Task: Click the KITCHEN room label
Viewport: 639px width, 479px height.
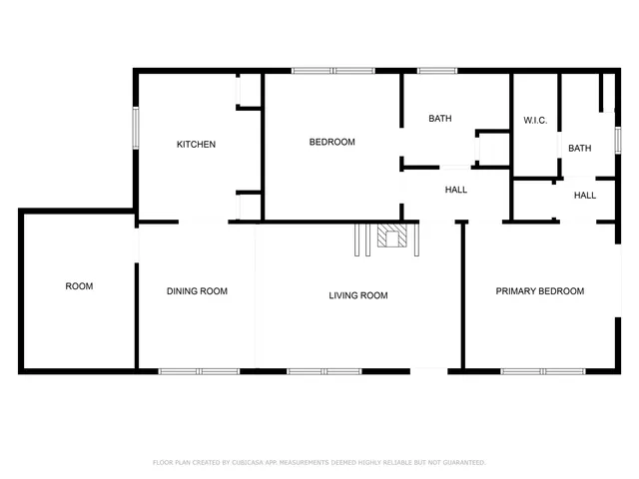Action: (x=196, y=145)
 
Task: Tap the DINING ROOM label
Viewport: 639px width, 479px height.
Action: (x=197, y=291)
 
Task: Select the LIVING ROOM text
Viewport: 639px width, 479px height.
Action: (x=358, y=295)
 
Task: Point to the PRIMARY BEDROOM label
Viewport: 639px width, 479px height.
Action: (x=540, y=291)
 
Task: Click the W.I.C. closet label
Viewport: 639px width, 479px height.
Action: (x=535, y=121)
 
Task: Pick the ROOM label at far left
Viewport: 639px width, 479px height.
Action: (x=79, y=286)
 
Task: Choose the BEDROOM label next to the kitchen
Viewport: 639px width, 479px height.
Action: (x=331, y=142)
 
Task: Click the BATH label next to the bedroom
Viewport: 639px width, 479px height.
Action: (x=439, y=119)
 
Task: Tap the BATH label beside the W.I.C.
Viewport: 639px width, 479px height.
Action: (x=579, y=149)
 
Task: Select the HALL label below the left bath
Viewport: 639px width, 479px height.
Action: (x=455, y=190)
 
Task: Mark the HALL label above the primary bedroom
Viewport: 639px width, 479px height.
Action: (x=585, y=196)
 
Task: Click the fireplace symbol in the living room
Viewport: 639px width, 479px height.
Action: (x=392, y=237)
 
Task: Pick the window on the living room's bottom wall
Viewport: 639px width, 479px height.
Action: (x=323, y=371)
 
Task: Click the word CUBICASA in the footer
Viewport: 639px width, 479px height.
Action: (x=250, y=463)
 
